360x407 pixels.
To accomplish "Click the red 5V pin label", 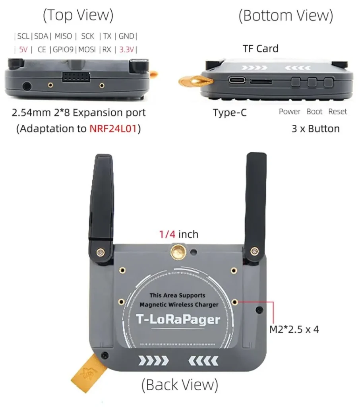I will tap(23, 50).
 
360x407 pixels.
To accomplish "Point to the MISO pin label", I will tap(63, 36).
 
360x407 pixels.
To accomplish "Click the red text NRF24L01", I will tap(115, 129).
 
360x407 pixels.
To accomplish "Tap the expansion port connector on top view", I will tap(75, 77).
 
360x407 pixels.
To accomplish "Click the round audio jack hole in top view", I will tap(27, 85).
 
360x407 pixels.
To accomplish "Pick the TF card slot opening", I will tap(261, 81).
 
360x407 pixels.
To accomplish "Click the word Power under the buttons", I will tap(289, 112).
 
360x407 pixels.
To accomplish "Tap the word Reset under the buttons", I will tap(337, 112).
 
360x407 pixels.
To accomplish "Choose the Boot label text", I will tap(314, 112).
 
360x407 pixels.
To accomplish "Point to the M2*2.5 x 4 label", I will tap(294, 329).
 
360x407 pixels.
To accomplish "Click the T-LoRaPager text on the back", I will tap(178, 319).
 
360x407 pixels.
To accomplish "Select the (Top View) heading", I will tap(78, 15).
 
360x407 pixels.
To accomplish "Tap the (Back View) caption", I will tap(180, 385).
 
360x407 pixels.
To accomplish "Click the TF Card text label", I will tap(260, 48).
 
